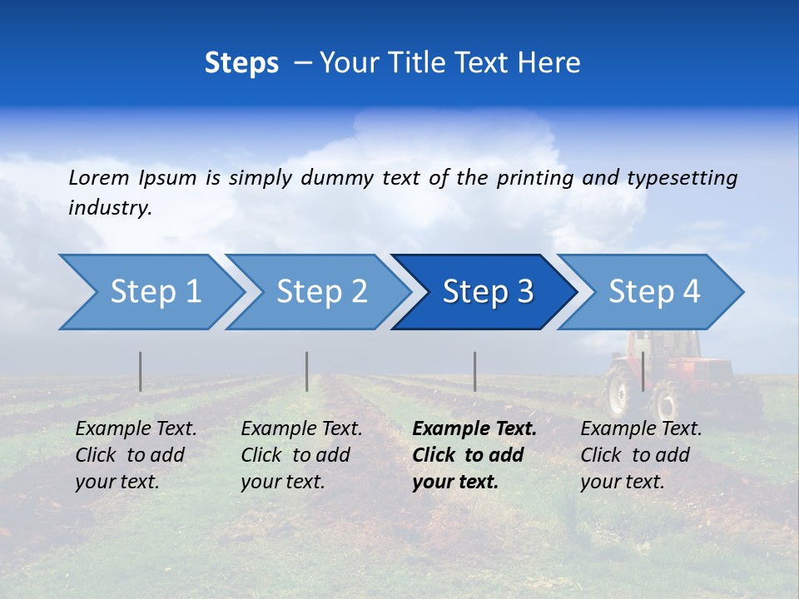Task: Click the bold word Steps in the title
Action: (x=241, y=63)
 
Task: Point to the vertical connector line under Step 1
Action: (x=141, y=371)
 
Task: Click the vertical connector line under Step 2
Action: (x=307, y=371)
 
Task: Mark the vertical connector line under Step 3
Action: (x=475, y=371)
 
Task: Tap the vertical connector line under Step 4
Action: (x=643, y=371)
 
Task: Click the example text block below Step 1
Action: (x=136, y=455)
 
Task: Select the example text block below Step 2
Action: (x=301, y=455)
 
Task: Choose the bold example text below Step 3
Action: (x=474, y=455)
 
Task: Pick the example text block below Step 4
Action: (x=641, y=455)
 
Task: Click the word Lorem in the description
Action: (x=99, y=178)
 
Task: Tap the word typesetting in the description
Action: (x=682, y=178)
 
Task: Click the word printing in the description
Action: (x=535, y=178)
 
